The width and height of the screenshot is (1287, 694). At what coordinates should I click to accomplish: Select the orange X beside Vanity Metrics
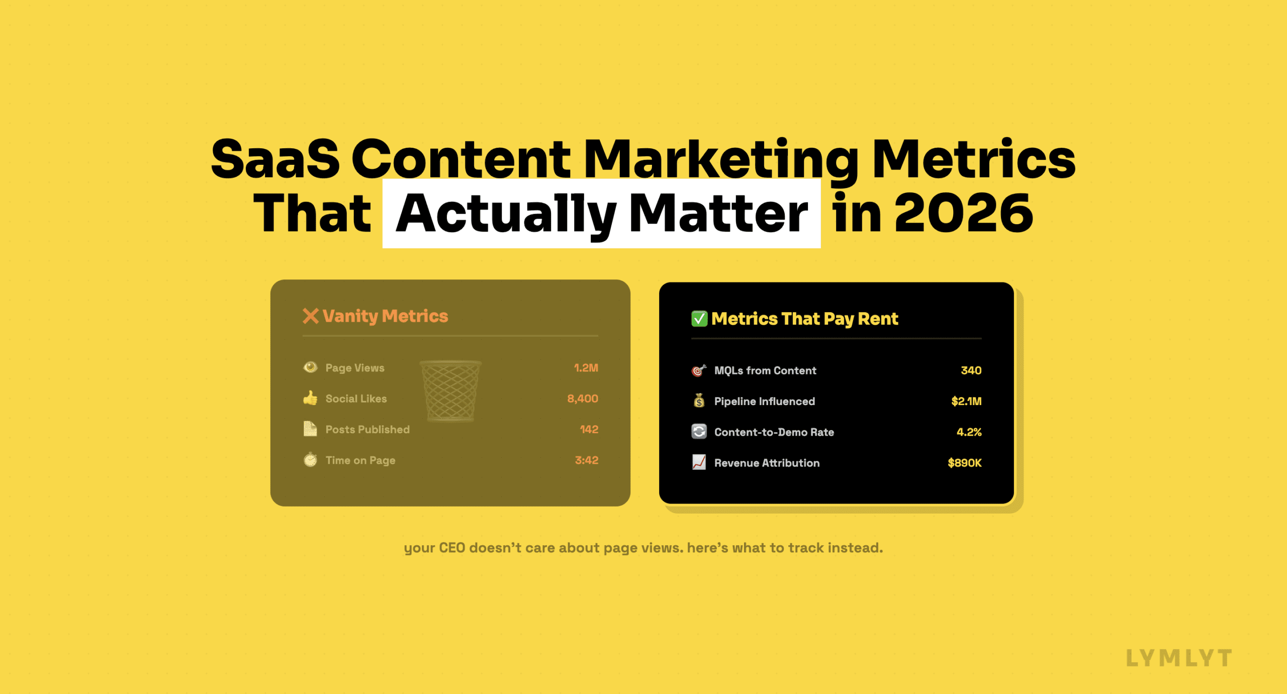coord(311,316)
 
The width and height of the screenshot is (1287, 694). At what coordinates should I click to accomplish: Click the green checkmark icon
coord(699,319)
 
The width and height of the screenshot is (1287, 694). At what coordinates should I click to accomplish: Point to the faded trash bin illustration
coord(450,391)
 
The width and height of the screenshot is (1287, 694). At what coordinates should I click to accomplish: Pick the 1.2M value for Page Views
coord(586,368)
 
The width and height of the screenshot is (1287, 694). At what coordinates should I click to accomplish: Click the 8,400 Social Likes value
coord(582,399)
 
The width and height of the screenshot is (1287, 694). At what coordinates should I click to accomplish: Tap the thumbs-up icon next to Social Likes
coord(310,398)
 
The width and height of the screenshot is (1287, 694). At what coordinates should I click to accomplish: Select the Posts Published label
coord(367,430)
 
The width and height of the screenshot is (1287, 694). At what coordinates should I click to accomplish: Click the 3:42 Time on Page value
coord(586,460)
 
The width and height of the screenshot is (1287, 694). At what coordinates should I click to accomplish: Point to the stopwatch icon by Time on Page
coord(310,460)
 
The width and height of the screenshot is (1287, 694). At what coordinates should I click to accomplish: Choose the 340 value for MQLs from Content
coord(971,370)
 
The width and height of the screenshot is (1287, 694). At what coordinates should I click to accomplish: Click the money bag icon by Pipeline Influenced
coord(699,401)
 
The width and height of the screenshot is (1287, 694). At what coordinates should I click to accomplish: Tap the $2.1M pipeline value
coord(966,401)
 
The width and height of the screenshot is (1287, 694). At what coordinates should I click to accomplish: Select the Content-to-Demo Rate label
coord(774,432)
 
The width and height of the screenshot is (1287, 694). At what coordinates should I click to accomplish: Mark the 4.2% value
coord(969,432)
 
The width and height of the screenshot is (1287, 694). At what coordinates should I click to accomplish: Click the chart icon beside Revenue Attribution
coord(699,462)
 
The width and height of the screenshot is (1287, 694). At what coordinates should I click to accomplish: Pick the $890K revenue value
coord(964,463)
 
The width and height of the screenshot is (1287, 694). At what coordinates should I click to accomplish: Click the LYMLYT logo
coord(1179,658)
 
